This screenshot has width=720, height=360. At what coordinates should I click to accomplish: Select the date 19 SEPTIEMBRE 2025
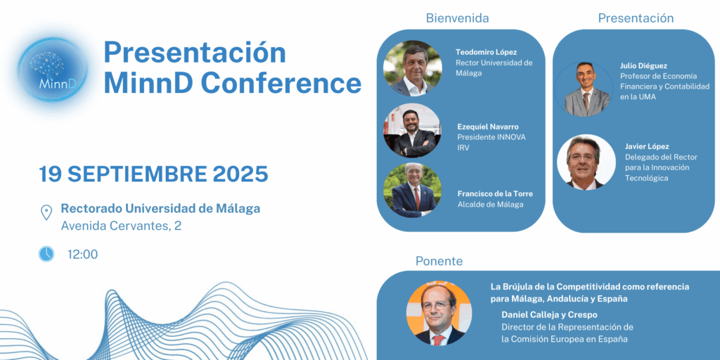[x=153, y=174]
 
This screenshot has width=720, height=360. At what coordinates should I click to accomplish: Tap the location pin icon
[x=46, y=212]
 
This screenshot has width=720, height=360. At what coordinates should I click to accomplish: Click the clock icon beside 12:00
[x=46, y=254]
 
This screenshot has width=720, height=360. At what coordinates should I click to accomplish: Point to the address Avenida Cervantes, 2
[x=121, y=226]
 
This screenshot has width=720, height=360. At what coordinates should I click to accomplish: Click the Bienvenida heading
[x=457, y=18]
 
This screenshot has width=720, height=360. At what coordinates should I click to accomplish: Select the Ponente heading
[x=439, y=262]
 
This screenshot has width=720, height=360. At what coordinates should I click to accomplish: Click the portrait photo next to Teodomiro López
[x=412, y=68]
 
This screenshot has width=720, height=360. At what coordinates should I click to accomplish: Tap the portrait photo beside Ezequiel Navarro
[x=412, y=130]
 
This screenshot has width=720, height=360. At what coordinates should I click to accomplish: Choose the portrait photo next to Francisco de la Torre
[x=412, y=190]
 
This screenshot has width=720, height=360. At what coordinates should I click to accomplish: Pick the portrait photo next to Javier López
[x=586, y=162]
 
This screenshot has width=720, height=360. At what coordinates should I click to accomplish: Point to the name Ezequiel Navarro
[x=488, y=127]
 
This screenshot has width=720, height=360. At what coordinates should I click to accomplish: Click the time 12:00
[x=83, y=255]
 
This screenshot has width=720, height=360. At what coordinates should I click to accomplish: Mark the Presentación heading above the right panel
[x=636, y=18]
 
